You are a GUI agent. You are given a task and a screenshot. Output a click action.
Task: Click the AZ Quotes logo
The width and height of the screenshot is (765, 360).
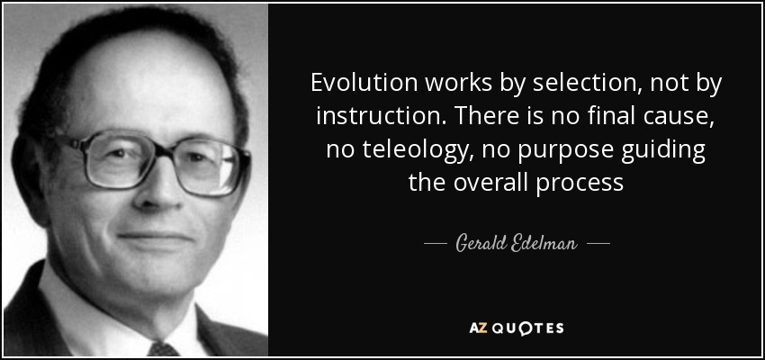517,328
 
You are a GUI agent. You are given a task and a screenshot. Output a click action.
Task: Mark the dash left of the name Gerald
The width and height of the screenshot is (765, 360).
436,242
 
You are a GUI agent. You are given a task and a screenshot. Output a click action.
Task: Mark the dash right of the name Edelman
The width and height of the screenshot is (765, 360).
598,242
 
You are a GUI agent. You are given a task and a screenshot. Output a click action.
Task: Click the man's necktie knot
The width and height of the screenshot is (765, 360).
164,349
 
